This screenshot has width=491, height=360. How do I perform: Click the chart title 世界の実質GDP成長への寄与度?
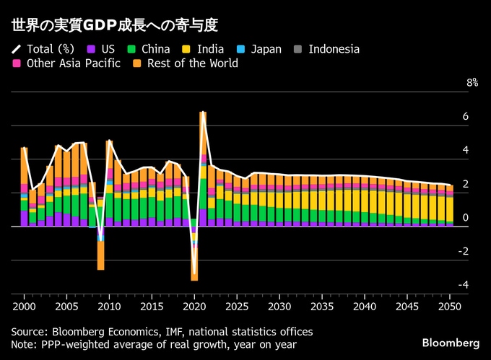click(115, 25)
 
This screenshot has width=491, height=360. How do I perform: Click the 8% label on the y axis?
click(472, 83)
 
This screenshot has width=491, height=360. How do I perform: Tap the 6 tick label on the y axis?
click(466, 117)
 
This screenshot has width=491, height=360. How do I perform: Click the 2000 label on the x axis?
click(24, 305)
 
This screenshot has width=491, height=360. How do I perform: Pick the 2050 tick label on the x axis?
click(450, 305)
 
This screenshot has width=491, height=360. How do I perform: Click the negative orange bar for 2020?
click(194, 268)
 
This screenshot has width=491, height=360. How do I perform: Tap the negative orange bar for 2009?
click(100, 255)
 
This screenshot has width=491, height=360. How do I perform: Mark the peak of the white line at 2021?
click(203, 113)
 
